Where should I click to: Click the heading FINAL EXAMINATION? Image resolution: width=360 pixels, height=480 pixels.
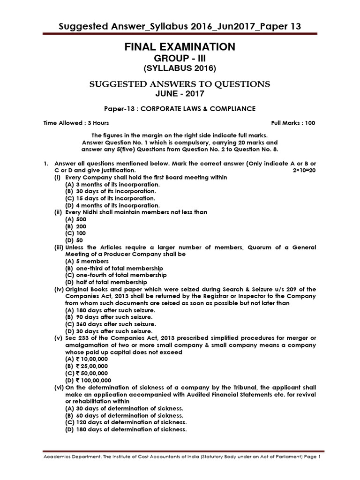pyautogui.click(x=180, y=47)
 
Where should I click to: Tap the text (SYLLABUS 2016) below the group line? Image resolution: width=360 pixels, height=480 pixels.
pyautogui.click(x=180, y=68)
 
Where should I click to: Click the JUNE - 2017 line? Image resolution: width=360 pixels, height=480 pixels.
pyautogui.click(x=180, y=93)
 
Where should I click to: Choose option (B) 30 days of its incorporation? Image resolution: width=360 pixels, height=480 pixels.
pyautogui.click(x=111, y=191)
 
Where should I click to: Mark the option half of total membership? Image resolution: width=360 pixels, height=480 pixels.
pyautogui.click(x=111, y=282)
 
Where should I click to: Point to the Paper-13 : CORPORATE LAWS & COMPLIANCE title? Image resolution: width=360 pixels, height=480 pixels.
pyautogui.click(x=180, y=109)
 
